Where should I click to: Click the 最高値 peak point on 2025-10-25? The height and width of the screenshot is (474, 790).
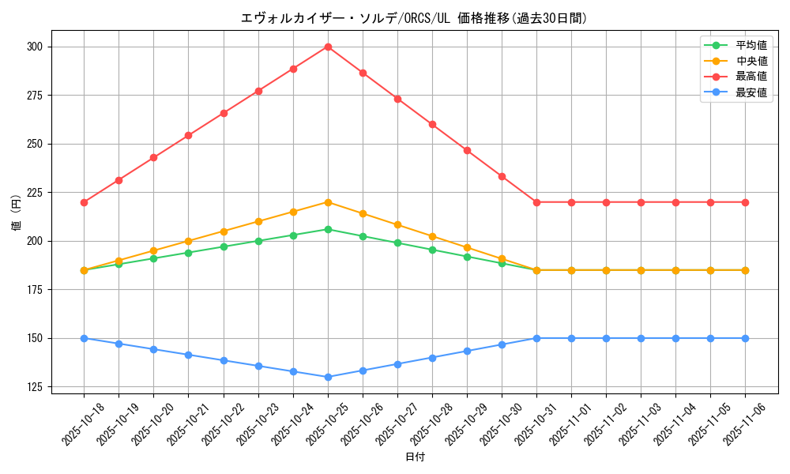tap(328, 47)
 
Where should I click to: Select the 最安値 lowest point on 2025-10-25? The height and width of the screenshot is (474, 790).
tap(328, 377)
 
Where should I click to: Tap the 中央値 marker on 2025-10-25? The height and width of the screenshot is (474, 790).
tap(328, 202)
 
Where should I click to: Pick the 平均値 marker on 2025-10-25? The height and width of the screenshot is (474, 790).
tap(328, 229)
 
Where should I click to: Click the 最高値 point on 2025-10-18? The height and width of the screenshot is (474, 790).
tap(84, 202)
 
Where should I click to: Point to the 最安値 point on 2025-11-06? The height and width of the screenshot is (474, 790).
tap(745, 338)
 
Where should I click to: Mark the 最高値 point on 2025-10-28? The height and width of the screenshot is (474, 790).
tap(432, 124)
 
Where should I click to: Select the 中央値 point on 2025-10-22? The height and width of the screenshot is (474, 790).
tap(224, 231)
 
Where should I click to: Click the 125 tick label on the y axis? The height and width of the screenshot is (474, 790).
tap(37, 387)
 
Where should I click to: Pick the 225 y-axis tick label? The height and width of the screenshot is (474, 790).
tap(37, 193)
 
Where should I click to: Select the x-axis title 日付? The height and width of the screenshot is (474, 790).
tap(414, 457)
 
